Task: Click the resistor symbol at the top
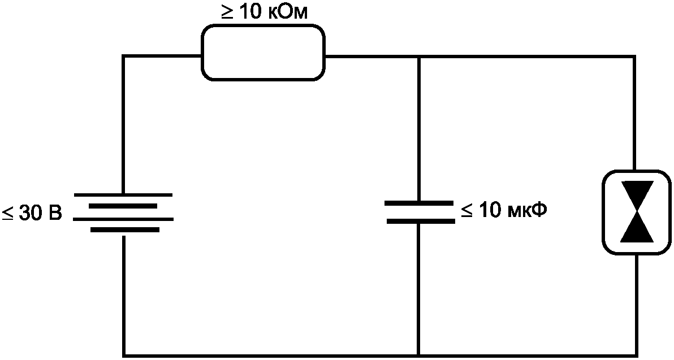263,53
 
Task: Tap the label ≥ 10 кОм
265,12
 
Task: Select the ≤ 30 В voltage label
32,213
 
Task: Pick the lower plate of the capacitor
421,221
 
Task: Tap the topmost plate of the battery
123,194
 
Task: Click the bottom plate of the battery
124,230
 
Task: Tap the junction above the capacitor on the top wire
419,57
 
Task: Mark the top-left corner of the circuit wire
124,57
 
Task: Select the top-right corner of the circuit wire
634,57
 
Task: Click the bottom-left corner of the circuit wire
124,355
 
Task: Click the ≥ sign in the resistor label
227,12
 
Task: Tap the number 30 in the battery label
29,213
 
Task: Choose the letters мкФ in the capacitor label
528,210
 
